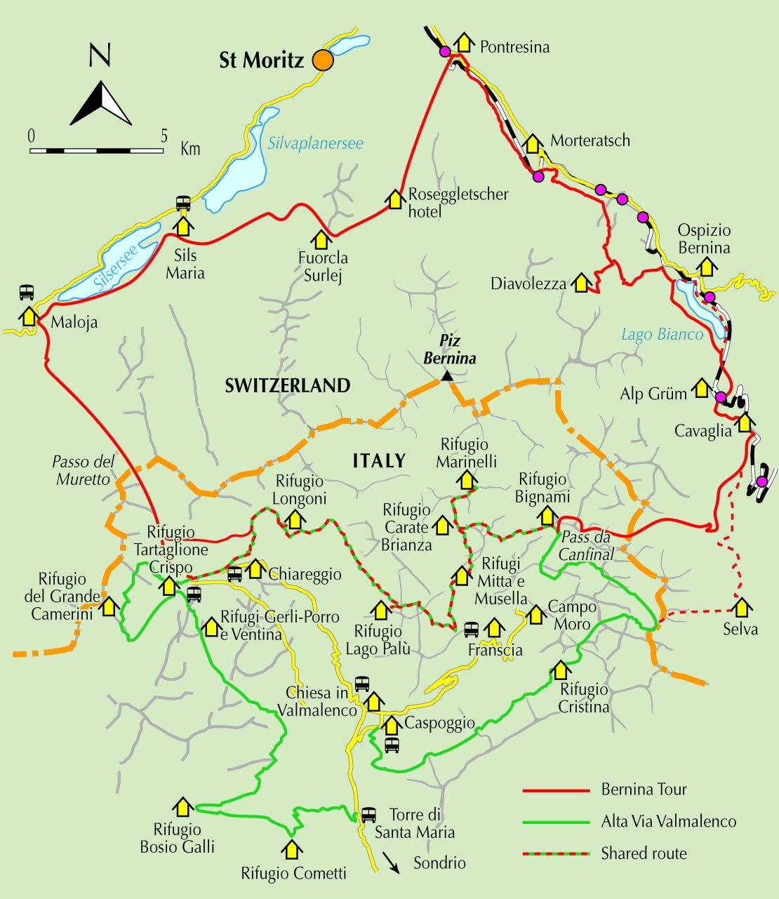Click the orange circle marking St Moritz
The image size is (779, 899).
(323, 61)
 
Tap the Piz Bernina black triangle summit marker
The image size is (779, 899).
(446, 377)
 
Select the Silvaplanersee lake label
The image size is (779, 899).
(316, 143)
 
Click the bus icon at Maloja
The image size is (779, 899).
(27, 291)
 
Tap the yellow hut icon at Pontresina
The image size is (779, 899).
(463, 43)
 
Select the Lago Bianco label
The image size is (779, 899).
(662, 334)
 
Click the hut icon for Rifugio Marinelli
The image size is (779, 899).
(465, 479)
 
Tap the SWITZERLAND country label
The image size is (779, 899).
(287, 385)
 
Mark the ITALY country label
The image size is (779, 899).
(380, 460)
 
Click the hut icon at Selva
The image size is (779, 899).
(742, 605)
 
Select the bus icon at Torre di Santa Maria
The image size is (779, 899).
(368, 815)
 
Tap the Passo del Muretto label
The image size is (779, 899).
(83, 471)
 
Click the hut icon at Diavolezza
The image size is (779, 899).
(580, 282)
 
